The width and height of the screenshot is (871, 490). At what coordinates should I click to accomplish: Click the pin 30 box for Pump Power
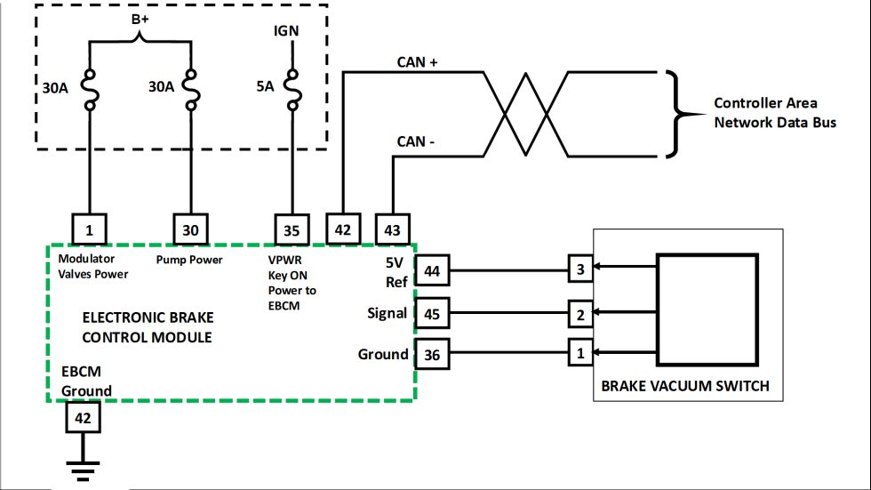[x=190, y=229]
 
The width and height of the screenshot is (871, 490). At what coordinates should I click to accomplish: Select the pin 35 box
[x=292, y=229]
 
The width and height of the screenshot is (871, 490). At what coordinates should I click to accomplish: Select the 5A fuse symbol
[x=291, y=90]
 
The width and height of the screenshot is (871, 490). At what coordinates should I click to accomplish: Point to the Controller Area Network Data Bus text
[x=774, y=113]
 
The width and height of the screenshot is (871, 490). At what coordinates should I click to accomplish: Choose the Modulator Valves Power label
[x=92, y=267]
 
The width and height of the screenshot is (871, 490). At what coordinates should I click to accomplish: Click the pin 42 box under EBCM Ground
[x=82, y=416]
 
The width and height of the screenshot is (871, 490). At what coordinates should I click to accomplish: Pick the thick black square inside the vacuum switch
[x=707, y=309]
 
